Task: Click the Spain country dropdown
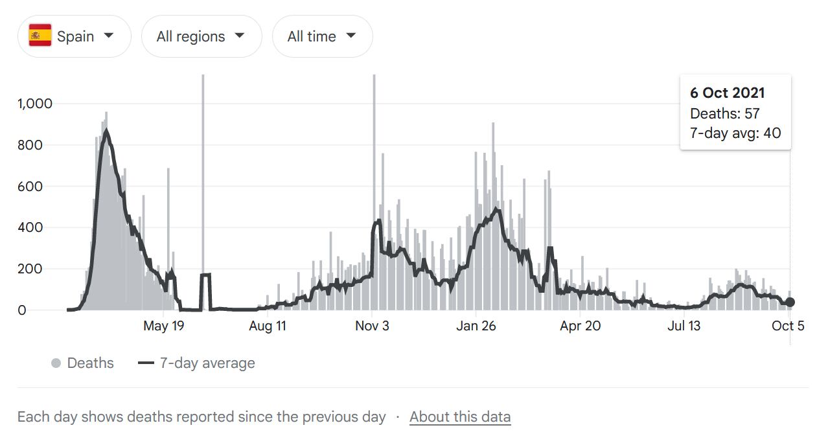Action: pyautogui.click(x=74, y=36)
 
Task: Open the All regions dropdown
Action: pyautogui.click(x=201, y=36)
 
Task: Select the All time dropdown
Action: pyautogui.click(x=322, y=36)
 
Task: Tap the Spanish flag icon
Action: pyautogui.click(x=40, y=36)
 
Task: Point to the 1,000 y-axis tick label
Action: pyautogui.click(x=34, y=104)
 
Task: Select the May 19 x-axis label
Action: pyautogui.click(x=163, y=326)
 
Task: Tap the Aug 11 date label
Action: pyautogui.click(x=268, y=326)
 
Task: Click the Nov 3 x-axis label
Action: pyautogui.click(x=372, y=326)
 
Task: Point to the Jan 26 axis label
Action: pyautogui.click(x=476, y=326)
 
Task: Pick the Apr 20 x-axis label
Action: pyautogui.click(x=581, y=326)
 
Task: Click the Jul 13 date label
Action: pyautogui.click(x=684, y=326)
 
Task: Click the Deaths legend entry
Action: pyautogui.click(x=83, y=363)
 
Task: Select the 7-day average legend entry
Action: pyautogui.click(x=197, y=363)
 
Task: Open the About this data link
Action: pyautogui.click(x=460, y=417)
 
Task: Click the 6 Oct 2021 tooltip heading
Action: pyautogui.click(x=727, y=93)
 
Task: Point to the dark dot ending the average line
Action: pyautogui.click(x=790, y=302)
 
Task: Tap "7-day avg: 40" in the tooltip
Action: pyautogui.click(x=735, y=133)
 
